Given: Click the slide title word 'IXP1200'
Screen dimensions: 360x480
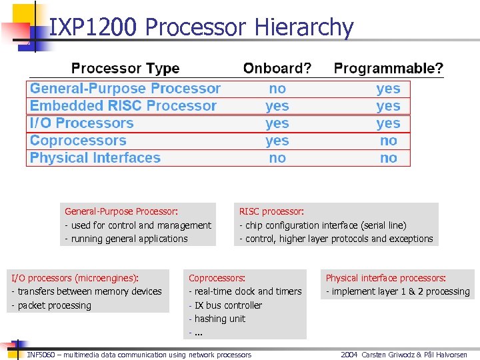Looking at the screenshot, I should coord(93,27).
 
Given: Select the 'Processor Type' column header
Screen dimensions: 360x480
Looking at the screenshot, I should coord(125,69).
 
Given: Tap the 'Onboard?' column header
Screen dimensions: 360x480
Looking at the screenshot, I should coord(277,69).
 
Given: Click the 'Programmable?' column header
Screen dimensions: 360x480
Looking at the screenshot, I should coord(388,69).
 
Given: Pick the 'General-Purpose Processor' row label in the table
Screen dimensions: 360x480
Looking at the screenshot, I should coord(125,89).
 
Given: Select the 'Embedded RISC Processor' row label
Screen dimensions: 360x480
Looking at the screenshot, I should coord(123,106).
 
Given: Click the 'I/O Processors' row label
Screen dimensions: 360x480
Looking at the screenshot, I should coord(81,123).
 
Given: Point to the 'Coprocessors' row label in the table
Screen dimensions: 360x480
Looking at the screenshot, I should coord(78,141).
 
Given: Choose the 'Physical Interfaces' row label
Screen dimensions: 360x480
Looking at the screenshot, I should coord(95,158).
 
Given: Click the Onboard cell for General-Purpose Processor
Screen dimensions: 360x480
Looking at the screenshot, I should coord(277,89).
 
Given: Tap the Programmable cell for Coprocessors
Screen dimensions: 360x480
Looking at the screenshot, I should coord(388,141).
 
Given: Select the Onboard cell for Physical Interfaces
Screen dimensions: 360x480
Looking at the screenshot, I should coord(277,158).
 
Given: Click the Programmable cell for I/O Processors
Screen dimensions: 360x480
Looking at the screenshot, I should coord(388,123).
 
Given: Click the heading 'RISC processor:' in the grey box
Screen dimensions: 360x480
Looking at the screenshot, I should coord(271,211).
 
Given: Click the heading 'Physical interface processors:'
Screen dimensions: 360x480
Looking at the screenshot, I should coord(385,278).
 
